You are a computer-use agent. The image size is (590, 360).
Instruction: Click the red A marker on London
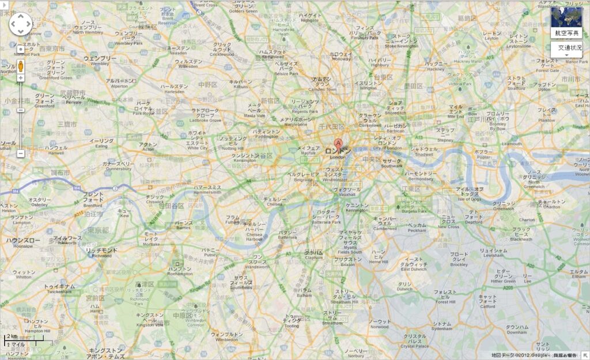pyautogui.click(x=338, y=143)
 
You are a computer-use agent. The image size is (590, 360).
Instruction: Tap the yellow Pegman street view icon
pyautogui.click(x=21, y=66)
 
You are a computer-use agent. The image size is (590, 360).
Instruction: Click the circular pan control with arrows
pyautogui.click(x=21, y=24)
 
